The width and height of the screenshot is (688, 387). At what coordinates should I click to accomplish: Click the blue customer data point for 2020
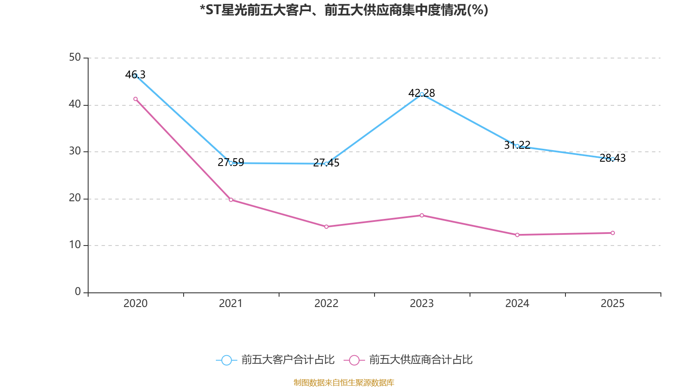tap(135, 76)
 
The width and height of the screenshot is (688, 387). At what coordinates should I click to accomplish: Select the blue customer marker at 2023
tap(422, 94)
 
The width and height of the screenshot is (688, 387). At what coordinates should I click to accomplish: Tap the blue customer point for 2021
tap(231, 163)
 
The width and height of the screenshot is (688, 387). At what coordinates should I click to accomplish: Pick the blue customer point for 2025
tap(613, 159)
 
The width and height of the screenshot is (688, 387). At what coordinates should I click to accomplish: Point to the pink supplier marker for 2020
tap(135, 99)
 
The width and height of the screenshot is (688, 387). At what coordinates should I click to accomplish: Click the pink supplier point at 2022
tap(326, 227)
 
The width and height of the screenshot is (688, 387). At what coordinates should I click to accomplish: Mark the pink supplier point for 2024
tap(517, 235)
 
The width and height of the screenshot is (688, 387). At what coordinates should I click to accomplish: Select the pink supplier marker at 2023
tap(422, 215)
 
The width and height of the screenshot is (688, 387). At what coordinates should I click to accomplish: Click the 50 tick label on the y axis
tap(75, 58)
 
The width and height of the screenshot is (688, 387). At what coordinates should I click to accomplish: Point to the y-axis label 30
tap(75, 151)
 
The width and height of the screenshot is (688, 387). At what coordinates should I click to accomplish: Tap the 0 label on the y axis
tap(78, 292)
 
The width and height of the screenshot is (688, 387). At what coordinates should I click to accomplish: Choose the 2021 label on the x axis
tap(231, 304)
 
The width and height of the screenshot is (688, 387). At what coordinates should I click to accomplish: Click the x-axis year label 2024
tap(517, 304)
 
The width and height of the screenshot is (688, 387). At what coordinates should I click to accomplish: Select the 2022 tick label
tap(326, 304)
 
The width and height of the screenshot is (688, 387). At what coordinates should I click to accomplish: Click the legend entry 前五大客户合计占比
tap(287, 360)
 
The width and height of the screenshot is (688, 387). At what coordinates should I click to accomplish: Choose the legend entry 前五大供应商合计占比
tap(421, 360)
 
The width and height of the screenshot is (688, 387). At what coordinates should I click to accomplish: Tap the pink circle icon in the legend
tap(354, 360)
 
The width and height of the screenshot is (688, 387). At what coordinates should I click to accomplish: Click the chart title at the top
tap(344, 10)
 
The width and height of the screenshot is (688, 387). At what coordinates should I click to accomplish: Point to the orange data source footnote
tap(344, 382)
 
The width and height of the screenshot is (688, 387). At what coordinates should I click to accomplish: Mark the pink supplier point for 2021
tap(231, 200)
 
